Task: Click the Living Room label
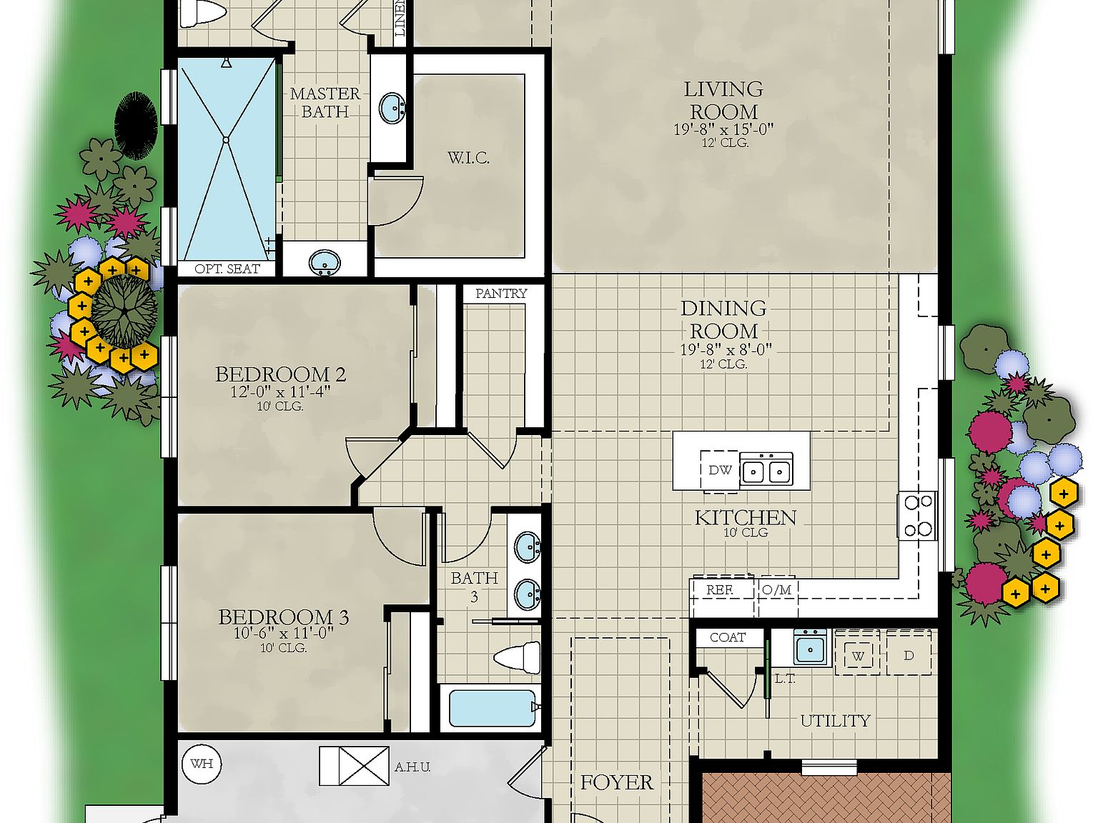coord(723,100)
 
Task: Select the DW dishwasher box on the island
coord(719,470)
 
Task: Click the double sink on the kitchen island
coord(766,470)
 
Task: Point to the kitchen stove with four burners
coord(917,515)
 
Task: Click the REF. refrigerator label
coord(719,590)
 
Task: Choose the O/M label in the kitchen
coord(776,590)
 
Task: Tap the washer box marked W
coord(858,656)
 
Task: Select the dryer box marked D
coord(909,655)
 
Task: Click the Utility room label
coord(835,721)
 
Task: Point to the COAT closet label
coord(728,637)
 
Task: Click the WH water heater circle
coord(202,764)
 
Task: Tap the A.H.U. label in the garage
coord(412,767)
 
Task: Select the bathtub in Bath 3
coord(492,708)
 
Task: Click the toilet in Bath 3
coord(518,657)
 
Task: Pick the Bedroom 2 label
coord(280,374)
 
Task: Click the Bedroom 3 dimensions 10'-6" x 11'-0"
coord(284,634)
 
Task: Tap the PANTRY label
coord(501,294)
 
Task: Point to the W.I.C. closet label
coord(468,158)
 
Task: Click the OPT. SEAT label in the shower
coord(227,269)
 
